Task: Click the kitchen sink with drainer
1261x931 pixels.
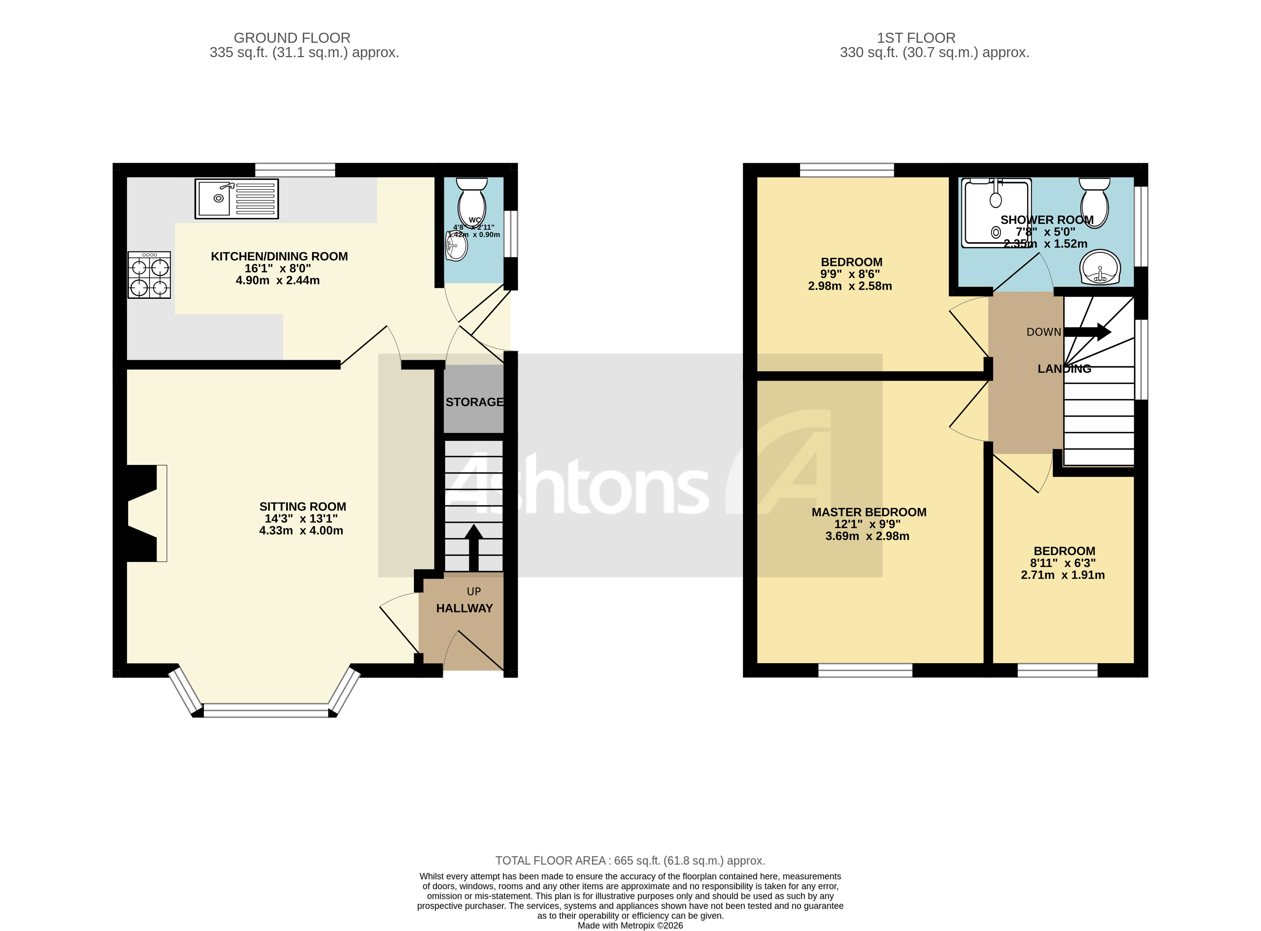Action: [236, 198]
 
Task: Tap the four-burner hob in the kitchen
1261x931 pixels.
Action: [149, 275]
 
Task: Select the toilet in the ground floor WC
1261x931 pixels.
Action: [472, 200]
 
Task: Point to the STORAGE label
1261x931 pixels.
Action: [474, 402]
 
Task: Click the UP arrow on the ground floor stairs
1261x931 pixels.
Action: [474, 548]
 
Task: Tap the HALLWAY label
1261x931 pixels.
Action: [465, 609]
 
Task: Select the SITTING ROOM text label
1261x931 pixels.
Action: [303, 506]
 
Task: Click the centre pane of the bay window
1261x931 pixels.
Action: [265, 710]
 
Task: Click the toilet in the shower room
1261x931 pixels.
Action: [1094, 201]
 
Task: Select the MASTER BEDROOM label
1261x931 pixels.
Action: [869, 512]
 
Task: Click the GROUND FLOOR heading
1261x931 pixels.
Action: [292, 38]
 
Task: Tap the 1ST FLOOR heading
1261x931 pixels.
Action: [916, 38]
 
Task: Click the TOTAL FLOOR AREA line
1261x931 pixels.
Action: [630, 861]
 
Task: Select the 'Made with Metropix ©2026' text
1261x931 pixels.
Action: [630, 925]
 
